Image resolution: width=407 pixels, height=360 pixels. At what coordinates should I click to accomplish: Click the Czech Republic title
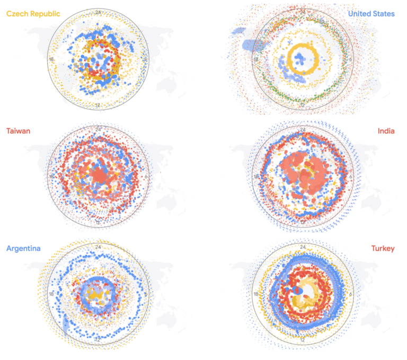click(x=33, y=14)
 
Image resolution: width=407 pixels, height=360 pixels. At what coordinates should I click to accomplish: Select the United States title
click(x=371, y=14)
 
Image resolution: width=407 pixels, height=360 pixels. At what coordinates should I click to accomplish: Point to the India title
click(x=386, y=131)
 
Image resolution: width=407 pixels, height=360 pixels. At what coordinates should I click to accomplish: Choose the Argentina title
click(x=23, y=248)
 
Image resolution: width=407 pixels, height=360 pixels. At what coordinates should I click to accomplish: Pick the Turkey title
click(x=383, y=248)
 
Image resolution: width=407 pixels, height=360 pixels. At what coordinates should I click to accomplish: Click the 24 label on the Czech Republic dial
click(x=99, y=12)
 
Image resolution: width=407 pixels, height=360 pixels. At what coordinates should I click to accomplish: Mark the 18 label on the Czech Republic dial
click(x=51, y=59)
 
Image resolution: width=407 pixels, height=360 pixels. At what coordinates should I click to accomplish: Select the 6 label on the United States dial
click(x=350, y=60)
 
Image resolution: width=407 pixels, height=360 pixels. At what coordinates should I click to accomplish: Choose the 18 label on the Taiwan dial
click(x=51, y=177)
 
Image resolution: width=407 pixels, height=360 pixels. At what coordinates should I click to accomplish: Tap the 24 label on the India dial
click(x=303, y=129)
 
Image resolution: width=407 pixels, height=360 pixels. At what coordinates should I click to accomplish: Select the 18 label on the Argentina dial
click(x=51, y=294)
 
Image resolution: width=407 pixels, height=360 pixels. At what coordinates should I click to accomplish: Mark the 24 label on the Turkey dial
click(x=303, y=247)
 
